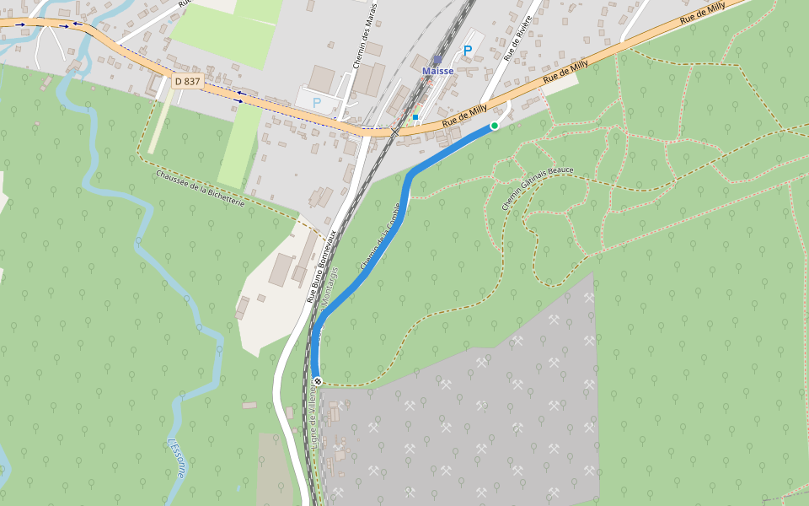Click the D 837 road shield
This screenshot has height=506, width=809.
tap(187, 81)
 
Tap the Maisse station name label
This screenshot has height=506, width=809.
tap(437, 71)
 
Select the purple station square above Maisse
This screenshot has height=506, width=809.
tap(437, 59)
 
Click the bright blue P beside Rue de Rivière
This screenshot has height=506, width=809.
tap(467, 51)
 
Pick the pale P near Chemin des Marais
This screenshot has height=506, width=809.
tap(317, 102)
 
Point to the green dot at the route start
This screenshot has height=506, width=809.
tap(495, 126)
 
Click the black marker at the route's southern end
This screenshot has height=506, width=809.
tap(318, 381)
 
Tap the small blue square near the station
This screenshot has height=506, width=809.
tap(415, 117)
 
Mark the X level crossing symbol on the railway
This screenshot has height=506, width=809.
tap(394, 132)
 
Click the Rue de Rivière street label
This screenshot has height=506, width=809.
tap(517, 38)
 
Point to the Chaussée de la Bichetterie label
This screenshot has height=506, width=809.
tap(200, 190)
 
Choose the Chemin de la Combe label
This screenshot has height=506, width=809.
tap(378, 235)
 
